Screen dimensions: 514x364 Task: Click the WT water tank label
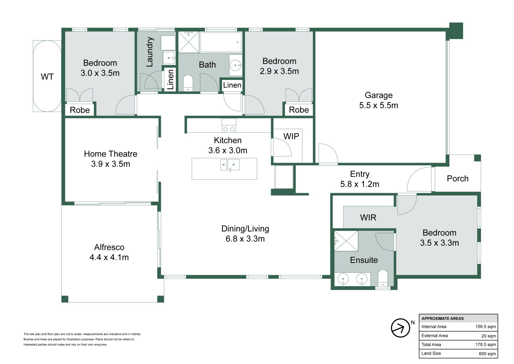(47, 77)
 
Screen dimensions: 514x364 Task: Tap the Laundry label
(149, 52)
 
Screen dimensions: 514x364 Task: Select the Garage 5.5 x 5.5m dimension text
(379, 105)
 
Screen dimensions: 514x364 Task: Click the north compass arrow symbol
(400, 328)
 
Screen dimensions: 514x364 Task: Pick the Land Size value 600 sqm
(487, 354)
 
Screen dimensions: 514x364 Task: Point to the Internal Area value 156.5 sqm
(486, 326)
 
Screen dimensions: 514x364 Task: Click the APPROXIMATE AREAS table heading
(443, 318)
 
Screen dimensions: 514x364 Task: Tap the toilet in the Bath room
(188, 83)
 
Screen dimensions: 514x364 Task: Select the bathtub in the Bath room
(221, 42)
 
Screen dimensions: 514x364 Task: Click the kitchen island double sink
(230, 165)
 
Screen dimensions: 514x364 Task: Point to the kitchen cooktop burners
(229, 129)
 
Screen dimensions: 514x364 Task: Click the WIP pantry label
(291, 136)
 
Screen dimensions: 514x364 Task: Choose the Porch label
(458, 179)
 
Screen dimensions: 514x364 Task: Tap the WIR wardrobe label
(368, 217)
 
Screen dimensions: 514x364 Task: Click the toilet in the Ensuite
(383, 278)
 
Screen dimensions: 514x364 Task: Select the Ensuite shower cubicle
(346, 241)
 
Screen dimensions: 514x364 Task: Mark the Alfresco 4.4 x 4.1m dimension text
(109, 257)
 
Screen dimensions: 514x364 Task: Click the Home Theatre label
(111, 154)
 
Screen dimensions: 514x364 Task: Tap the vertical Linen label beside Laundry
(170, 79)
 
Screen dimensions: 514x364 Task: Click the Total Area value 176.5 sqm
(486, 344)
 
